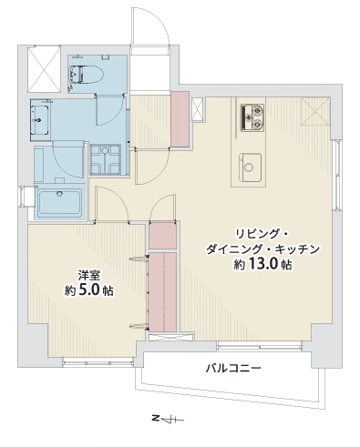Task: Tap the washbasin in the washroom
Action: click(39, 116)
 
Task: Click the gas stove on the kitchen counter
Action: click(252, 116)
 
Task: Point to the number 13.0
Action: click(265, 264)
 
